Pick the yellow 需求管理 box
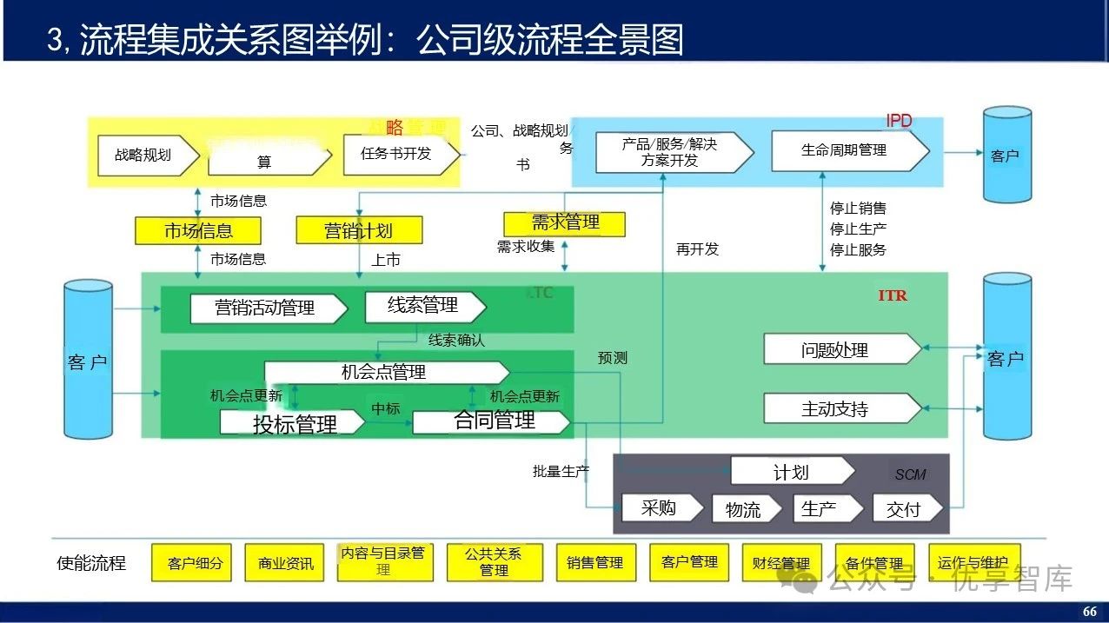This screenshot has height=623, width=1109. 565,223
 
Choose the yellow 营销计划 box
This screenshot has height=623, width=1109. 359,230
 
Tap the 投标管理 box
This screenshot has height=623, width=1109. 293,424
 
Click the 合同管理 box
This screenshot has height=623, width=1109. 492,421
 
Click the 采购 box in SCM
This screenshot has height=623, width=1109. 660,507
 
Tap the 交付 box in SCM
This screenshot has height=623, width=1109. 905,508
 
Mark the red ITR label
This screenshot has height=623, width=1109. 893,295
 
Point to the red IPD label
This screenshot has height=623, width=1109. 899,121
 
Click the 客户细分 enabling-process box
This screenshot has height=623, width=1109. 195,563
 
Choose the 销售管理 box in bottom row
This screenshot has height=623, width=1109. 594,563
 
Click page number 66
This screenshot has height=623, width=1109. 1090,612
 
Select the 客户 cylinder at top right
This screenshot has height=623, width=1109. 1006,155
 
